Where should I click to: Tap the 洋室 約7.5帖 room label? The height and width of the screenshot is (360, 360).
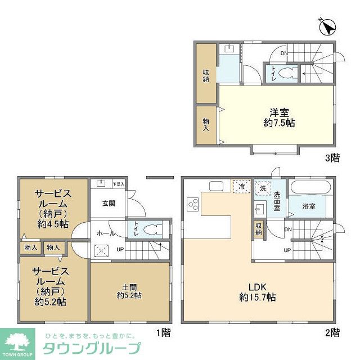pyautogui.click(x=274, y=117)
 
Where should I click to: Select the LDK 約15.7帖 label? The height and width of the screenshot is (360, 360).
pyautogui.click(x=257, y=291)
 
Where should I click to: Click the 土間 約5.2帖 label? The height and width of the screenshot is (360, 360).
pyautogui.click(x=129, y=290)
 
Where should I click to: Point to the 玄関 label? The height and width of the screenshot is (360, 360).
pyautogui.click(x=109, y=204)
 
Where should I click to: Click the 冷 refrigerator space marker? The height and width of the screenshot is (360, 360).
pyautogui.click(x=241, y=186)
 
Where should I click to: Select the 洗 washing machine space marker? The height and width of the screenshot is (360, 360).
pyautogui.click(x=263, y=188)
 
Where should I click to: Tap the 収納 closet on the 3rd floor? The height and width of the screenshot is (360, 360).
pyautogui.click(x=206, y=75)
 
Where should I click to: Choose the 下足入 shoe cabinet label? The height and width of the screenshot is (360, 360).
pyautogui.click(x=118, y=183)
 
